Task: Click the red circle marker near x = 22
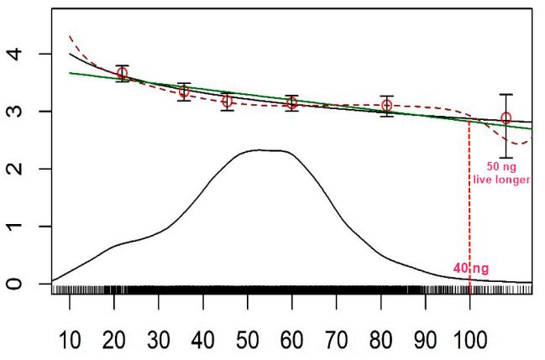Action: [x=123, y=73]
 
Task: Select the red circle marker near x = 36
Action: [x=184, y=91]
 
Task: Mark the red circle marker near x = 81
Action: [x=386, y=106]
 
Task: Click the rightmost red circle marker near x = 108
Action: [x=506, y=119]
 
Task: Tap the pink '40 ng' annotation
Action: [x=470, y=269]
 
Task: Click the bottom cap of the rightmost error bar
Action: [x=506, y=157]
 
